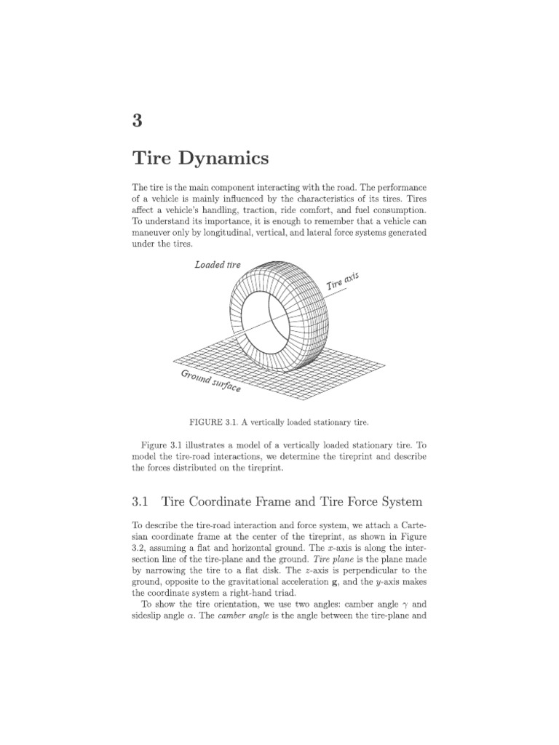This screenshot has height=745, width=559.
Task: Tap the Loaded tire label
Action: pos(217,265)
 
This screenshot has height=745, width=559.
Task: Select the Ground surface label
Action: pos(210,382)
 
